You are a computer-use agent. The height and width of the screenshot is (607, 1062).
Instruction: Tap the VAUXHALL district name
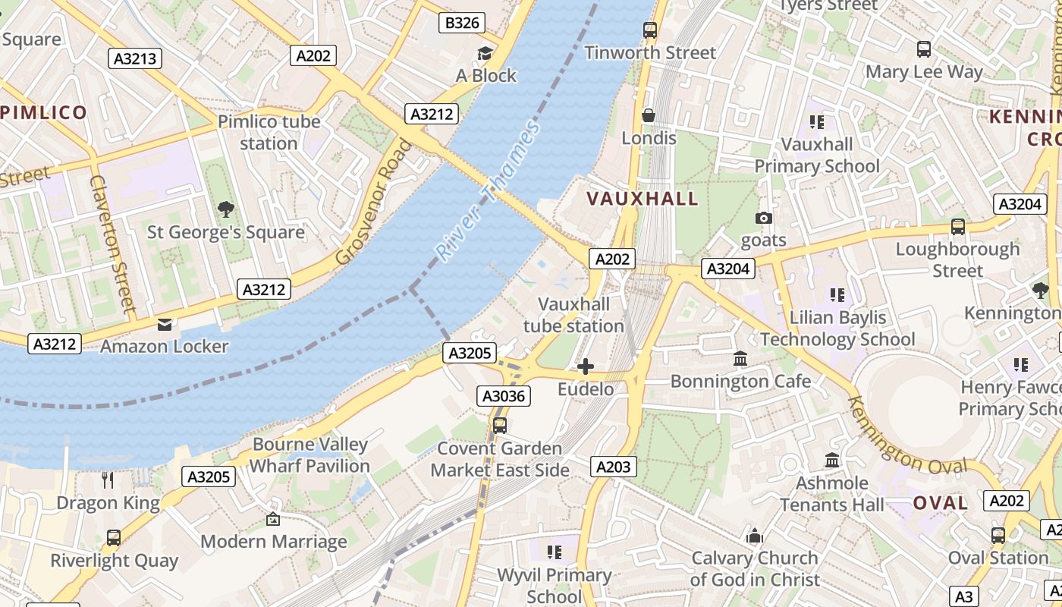(x=643, y=199)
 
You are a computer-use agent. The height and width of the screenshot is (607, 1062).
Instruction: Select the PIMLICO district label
(x=44, y=113)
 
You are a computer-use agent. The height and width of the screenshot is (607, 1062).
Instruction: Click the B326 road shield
(x=462, y=23)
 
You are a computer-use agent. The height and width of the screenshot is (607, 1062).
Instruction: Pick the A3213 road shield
(x=135, y=58)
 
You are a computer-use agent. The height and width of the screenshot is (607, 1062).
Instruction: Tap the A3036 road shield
(x=504, y=395)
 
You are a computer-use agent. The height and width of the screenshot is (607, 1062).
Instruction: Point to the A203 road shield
(x=613, y=467)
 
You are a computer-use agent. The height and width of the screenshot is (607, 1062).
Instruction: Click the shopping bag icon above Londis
(x=649, y=115)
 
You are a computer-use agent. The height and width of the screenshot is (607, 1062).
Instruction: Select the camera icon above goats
(x=764, y=219)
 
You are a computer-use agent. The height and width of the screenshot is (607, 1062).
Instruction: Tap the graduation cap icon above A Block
(x=485, y=53)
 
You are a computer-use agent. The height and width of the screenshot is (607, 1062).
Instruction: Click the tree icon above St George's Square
(x=225, y=209)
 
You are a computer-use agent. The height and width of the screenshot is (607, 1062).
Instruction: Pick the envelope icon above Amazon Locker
(x=165, y=325)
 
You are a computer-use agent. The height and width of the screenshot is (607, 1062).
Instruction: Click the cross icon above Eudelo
(x=586, y=367)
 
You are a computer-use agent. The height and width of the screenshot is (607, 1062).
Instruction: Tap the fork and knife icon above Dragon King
(x=108, y=480)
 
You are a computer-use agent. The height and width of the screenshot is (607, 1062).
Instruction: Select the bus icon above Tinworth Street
(x=650, y=30)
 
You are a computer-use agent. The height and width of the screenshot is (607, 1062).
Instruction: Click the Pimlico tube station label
(x=269, y=132)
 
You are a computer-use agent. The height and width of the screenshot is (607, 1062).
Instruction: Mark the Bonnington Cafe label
(x=740, y=381)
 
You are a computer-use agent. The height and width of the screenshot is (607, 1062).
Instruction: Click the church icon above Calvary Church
(x=754, y=536)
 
